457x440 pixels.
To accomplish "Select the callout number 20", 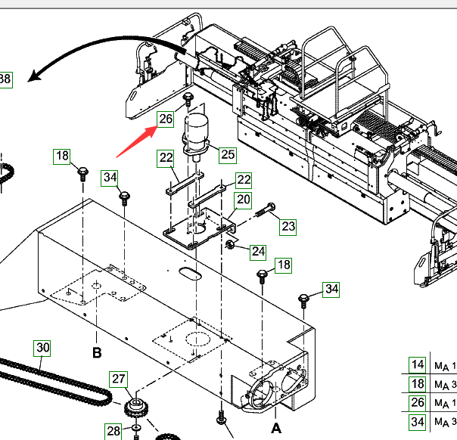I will [x=243, y=200].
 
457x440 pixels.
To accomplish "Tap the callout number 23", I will [x=288, y=225].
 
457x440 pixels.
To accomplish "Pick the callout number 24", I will [x=259, y=251].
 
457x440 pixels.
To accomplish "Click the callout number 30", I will [x=42, y=349].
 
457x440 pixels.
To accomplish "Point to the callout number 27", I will [x=119, y=380].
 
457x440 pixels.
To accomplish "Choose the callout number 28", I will [x=113, y=431].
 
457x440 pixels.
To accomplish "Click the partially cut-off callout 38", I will [x=5, y=79].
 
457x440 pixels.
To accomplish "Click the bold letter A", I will [x=275, y=428].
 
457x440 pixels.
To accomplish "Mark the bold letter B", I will [x=97, y=352].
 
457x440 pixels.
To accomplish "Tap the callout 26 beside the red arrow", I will [x=166, y=119].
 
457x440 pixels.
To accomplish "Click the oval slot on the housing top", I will [x=189, y=272].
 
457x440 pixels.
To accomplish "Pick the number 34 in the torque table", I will [x=416, y=420].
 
